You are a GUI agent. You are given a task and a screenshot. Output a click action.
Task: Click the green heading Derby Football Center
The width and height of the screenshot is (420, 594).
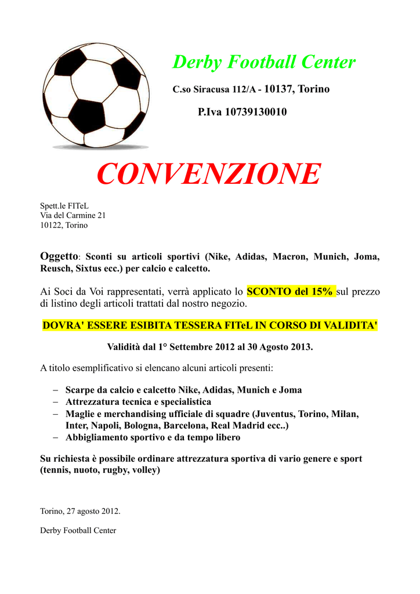coord(264,62)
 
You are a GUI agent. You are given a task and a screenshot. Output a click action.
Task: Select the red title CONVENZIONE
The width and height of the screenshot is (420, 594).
coord(209,174)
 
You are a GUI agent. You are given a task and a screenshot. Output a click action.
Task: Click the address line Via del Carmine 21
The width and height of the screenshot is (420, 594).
coord(73,215)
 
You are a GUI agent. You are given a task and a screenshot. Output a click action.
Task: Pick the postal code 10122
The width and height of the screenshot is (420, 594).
coord(50,225)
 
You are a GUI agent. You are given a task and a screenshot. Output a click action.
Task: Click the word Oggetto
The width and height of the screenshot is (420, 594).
coord(58,256)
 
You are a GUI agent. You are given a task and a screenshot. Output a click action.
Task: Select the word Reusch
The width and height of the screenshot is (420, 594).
coord(55,269)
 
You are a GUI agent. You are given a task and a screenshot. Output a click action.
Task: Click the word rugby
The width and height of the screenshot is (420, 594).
coord(115,470)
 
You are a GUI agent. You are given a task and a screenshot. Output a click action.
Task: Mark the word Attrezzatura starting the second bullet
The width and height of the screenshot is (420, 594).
coord(93,402)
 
